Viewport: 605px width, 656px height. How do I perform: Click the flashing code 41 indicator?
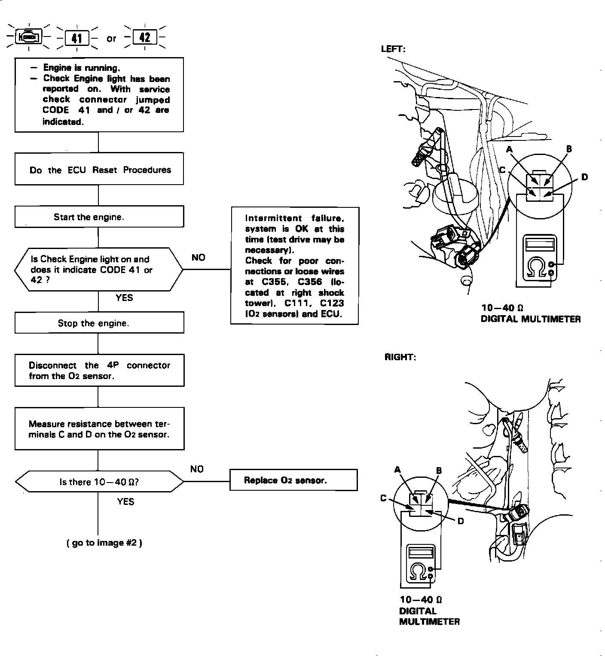(77, 38)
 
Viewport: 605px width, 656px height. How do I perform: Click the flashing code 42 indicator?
(145, 37)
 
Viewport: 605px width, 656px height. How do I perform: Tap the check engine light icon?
(29, 38)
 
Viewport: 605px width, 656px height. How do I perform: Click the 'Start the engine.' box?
(99, 217)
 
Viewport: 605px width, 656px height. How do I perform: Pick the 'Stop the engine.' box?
(99, 323)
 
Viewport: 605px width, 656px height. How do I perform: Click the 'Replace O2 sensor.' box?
(294, 480)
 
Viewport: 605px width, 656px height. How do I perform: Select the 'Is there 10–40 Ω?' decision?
(99, 482)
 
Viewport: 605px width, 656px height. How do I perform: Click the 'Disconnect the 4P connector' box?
(99, 370)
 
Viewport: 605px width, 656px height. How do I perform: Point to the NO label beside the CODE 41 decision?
(199, 257)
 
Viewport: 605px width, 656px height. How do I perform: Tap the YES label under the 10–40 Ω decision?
(125, 501)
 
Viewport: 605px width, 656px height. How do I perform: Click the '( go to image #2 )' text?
(104, 543)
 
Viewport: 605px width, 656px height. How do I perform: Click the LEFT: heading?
(393, 49)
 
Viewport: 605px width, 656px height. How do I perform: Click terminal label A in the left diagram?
(510, 149)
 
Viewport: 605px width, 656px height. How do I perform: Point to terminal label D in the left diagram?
(584, 177)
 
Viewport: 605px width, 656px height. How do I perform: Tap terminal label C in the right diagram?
(383, 498)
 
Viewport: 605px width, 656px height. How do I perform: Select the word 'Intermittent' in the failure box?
(271, 218)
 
